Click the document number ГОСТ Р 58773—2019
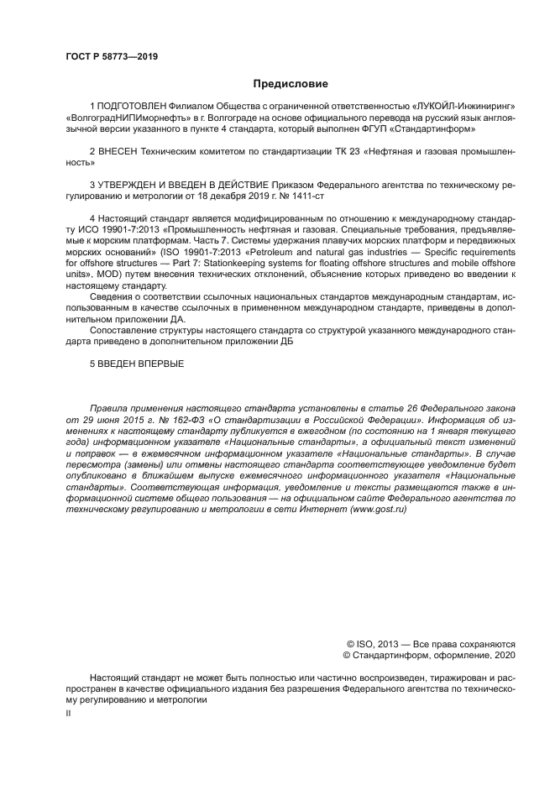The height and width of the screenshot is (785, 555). (112, 56)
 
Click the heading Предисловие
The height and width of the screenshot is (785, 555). (291, 84)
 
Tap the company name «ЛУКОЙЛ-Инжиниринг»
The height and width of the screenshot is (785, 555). (463, 107)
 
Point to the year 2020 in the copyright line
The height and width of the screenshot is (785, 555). (504, 655)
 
